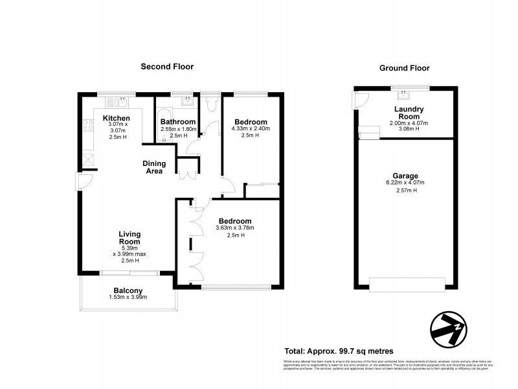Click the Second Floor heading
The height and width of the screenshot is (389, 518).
[168, 66]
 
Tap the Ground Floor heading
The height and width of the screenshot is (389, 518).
[404, 67]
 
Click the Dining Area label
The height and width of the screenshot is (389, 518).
[154, 167]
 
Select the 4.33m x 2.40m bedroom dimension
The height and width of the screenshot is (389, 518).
[251, 129]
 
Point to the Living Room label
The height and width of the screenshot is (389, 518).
[129, 237]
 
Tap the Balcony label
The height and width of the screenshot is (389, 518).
[128, 290]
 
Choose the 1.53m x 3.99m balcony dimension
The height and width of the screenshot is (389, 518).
[128, 298]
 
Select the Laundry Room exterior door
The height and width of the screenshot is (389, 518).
[359, 99]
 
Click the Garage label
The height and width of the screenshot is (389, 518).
[405, 176]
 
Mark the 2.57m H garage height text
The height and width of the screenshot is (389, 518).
[405, 191]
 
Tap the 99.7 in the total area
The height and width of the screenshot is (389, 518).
[346, 350]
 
